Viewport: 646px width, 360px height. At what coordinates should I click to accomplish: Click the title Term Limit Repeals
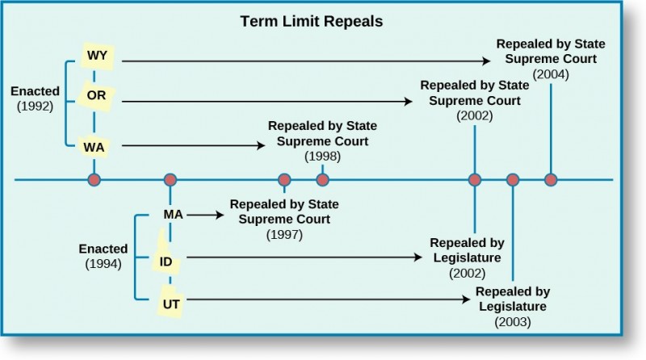tap(311, 21)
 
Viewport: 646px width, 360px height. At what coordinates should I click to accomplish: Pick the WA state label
tap(93, 147)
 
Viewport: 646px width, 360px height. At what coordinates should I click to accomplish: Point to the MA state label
tap(174, 215)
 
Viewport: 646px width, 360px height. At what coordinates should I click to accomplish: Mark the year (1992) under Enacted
tap(34, 106)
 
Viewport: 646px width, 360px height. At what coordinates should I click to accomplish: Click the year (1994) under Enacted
tap(102, 264)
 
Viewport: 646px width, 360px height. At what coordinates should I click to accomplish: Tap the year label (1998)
tap(322, 156)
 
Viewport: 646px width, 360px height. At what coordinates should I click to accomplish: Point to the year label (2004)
tap(551, 74)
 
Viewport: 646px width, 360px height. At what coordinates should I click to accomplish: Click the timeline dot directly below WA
tap(94, 179)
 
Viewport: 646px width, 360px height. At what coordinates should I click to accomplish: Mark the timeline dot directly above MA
tap(170, 179)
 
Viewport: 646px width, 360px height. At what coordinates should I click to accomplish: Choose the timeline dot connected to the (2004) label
tap(551, 179)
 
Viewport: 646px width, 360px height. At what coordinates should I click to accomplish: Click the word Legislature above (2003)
tap(512, 306)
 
